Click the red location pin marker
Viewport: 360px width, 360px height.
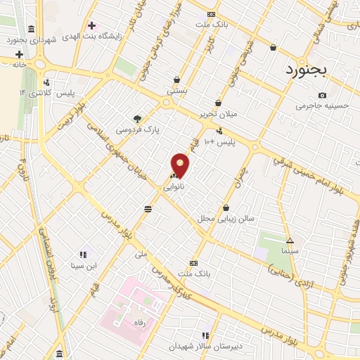pos(181,165)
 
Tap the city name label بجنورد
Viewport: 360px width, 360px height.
pos(311,70)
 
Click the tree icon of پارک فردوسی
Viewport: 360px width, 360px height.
pos(137,119)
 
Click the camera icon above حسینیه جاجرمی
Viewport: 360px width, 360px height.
pos(322,95)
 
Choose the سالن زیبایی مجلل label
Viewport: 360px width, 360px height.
pos(225,219)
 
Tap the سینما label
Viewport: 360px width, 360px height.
pos(289,251)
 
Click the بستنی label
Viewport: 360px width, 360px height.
pos(176,91)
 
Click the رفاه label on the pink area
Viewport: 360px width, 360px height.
pos(129,323)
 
